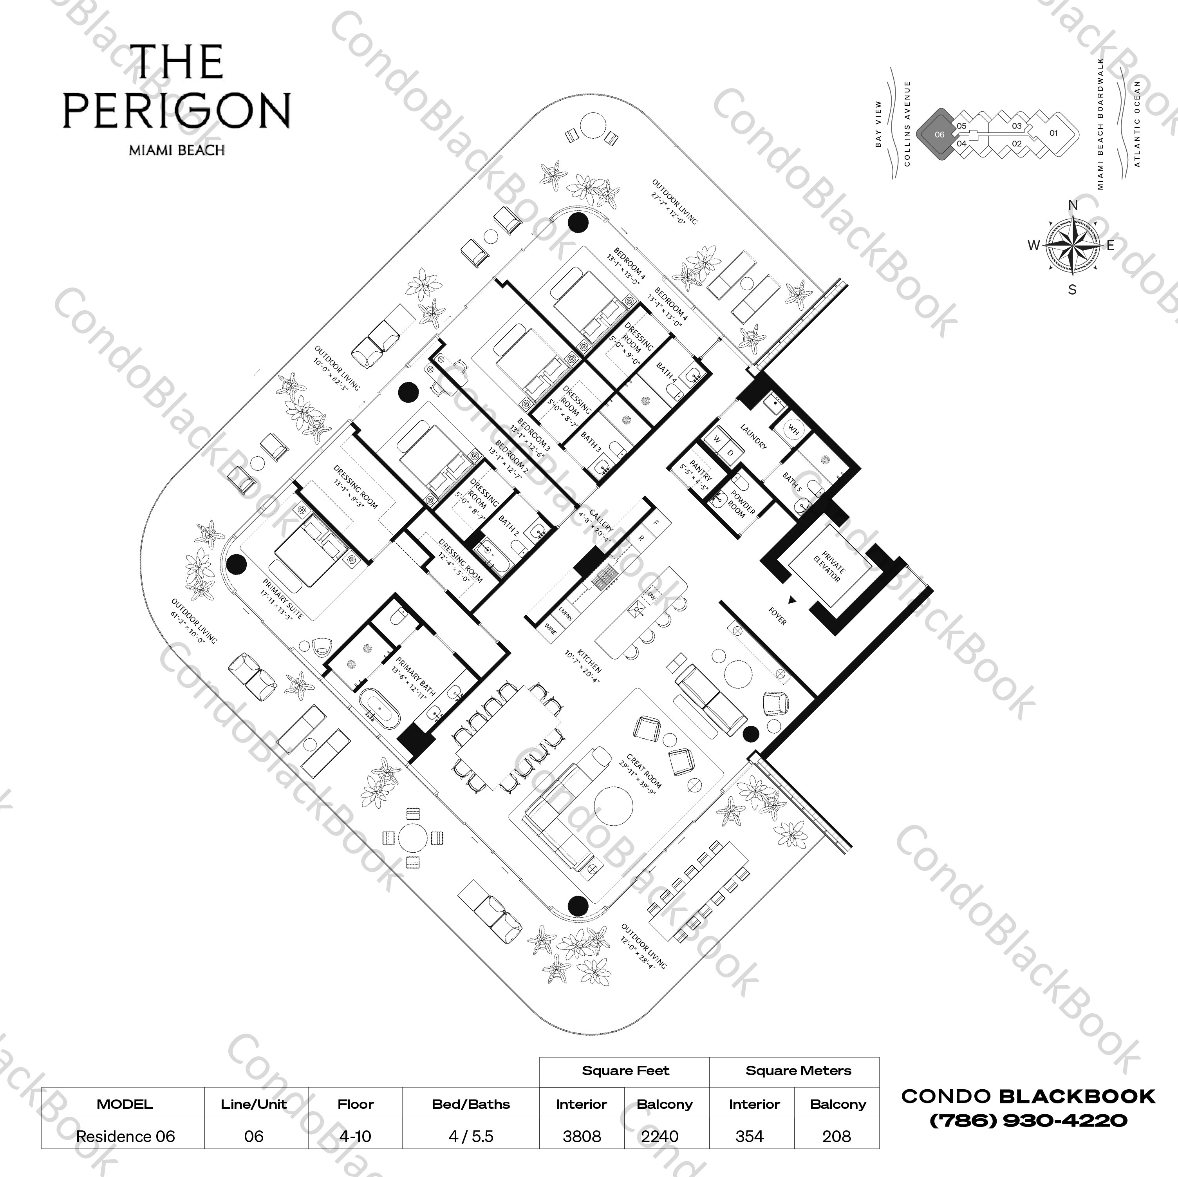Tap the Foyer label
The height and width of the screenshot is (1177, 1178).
tap(777, 617)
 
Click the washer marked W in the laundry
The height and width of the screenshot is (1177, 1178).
tap(717, 439)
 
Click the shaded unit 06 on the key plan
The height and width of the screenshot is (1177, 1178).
tap(939, 134)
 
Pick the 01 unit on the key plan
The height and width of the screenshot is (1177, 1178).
tap(1053, 133)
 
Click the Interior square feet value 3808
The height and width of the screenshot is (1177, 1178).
tap(582, 1137)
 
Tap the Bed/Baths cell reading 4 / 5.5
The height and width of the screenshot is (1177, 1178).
tap(471, 1137)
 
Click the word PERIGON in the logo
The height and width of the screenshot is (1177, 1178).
tap(176, 111)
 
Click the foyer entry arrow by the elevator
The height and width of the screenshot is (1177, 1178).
tap(792, 600)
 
